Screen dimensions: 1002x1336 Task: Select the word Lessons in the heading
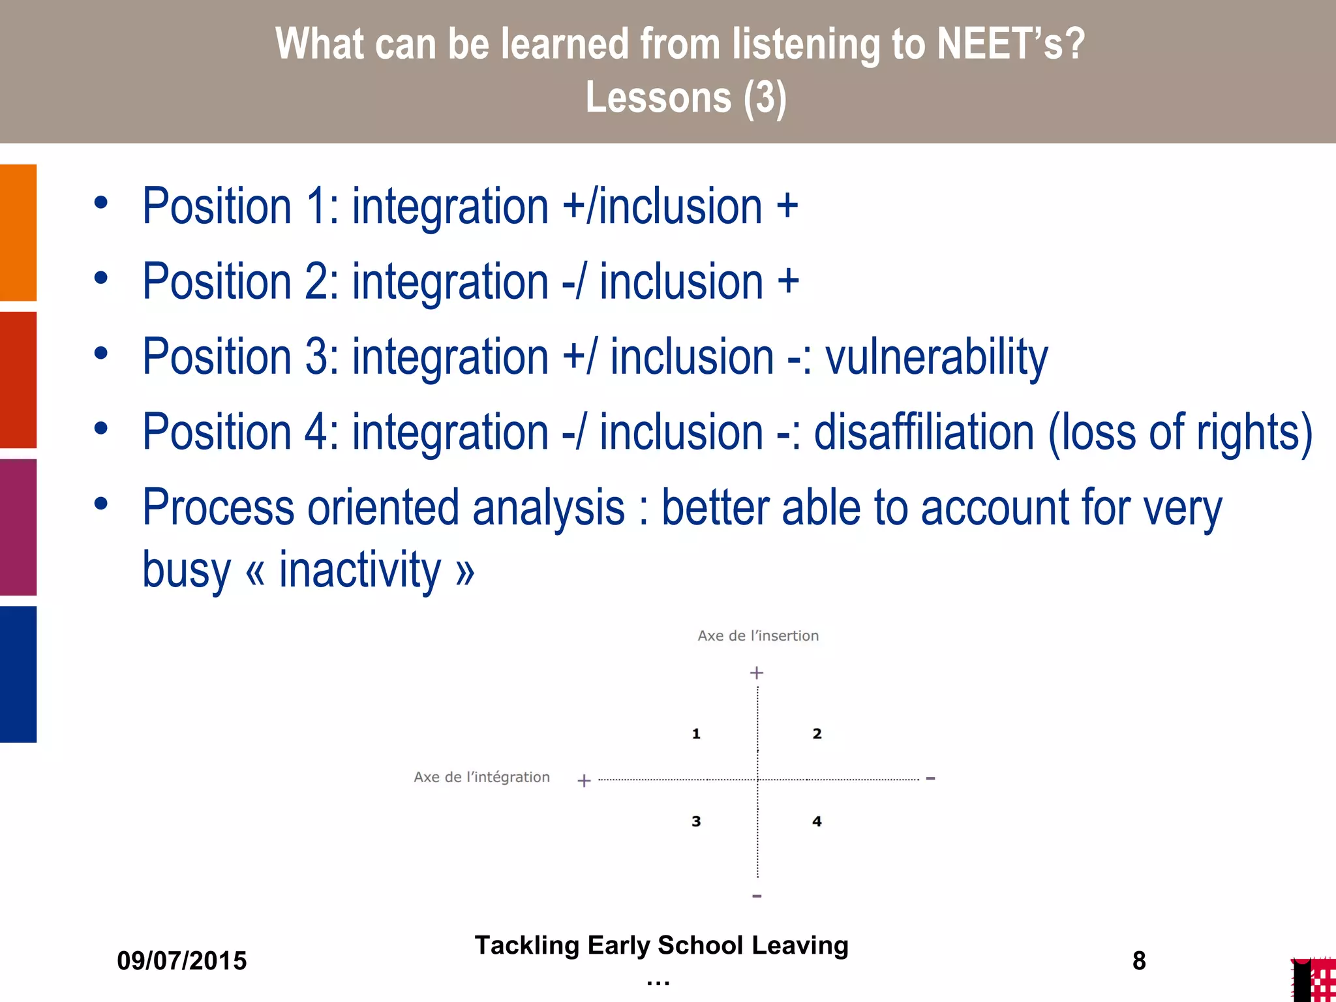click(658, 98)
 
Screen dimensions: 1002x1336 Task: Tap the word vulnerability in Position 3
click(936, 357)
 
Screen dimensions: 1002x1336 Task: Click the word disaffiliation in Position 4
click(924, 432)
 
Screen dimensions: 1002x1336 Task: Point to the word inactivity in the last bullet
click(360, 569)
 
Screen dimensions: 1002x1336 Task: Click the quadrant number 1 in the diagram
click(696, 734)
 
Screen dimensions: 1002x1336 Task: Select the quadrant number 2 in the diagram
click(817, 734)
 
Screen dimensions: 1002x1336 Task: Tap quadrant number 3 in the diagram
click(696, 821)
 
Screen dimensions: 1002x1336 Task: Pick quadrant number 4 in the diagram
click(817, 821)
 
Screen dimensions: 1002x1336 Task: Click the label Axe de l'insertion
click(757, 636)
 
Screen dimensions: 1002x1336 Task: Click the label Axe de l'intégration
click(481, 777)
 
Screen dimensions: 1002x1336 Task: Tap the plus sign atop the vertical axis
click(757, 673)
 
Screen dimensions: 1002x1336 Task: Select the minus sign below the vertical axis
click(757, 896)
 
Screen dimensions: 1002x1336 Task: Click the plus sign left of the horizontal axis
click(584, 780)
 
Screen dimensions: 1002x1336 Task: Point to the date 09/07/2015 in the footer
click(182, 961)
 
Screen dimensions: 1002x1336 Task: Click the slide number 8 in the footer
click(1139, 961)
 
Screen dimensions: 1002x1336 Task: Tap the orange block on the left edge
click(18, 232)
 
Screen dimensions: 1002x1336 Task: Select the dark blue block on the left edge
click(18, 674)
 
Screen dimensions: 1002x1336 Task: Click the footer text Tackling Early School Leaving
click(661, 945)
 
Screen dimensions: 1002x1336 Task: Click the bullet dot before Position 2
click(100, 279)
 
